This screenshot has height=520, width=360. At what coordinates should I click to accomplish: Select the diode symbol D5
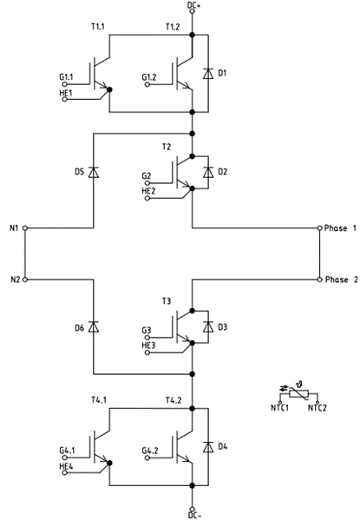[x=93, y=172]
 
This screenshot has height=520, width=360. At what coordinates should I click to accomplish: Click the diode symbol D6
[x=93, y=327]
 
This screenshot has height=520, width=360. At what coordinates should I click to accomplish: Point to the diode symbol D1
[x=207, y=75]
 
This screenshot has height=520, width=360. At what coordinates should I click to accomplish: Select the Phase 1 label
[x=340, y=228]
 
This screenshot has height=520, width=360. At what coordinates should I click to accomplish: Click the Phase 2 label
[x=340, y=280]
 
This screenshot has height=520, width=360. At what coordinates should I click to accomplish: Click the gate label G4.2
[x=152, y=450]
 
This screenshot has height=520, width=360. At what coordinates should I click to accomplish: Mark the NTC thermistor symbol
[x=298, y=394]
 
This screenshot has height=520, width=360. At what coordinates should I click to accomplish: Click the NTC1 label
[x=279, y=407]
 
